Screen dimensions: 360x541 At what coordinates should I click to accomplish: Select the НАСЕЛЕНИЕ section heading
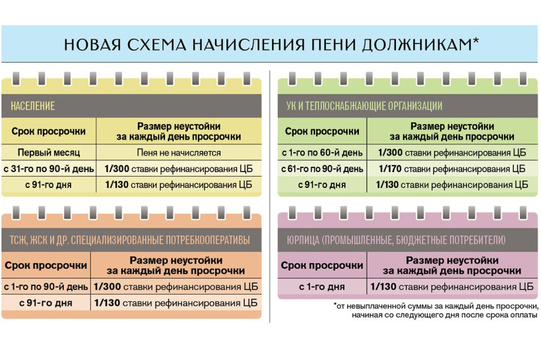pyautogui.click(x=33, y=105)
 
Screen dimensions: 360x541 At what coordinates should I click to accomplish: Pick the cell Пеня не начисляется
pyautogui.click(x=178, y=152)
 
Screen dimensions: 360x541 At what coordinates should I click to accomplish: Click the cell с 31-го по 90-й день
pyautogui.click(x=49, y=168)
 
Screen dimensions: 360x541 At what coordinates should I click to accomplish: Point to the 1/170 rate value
pyautogui.click(x=391, y=168)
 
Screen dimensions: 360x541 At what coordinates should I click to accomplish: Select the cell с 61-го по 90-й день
pyautogui.click(x=322, y=169)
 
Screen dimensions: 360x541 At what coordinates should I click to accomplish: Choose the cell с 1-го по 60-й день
pyautogui.click(x=322, y=152)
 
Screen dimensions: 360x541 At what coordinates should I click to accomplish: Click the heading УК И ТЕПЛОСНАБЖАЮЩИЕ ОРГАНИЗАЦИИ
pyautogui.click(x=364, y=105)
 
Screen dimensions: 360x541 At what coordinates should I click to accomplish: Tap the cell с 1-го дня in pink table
pyautogui.click(x=321, y=287)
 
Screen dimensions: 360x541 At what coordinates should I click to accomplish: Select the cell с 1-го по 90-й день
pyautogui.click(x=46, y=287)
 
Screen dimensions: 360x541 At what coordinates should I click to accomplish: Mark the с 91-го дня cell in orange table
pyautogui.click(x=47, y=303)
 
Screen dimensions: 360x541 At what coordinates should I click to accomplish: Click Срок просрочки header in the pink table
pyautogui.click(x=322, y=265)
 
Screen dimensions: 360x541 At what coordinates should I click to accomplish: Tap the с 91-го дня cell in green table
pyautogui.click(x=322, y=185)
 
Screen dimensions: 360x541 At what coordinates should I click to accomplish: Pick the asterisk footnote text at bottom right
pyautogui.click(x=436, y=311)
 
